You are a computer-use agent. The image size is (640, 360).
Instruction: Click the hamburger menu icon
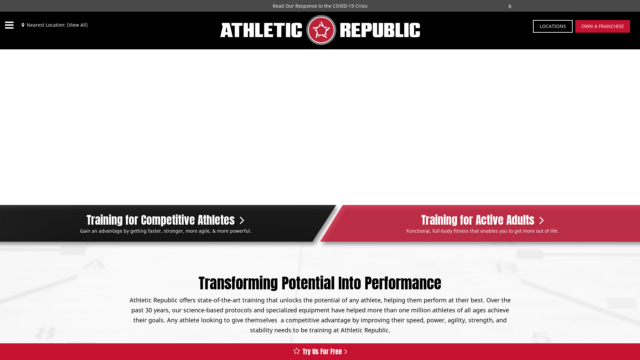click(x=9, y=25)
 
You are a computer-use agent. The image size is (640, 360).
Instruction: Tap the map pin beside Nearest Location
click(x=23, y=25)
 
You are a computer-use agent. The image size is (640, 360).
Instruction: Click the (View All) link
click(x=77, y=25)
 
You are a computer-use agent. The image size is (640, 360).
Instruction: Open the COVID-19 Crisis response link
click(x=320, y=6)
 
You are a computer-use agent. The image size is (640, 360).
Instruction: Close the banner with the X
click(x=510, y=6)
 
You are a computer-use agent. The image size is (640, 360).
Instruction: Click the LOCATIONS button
click(x=553, y=26)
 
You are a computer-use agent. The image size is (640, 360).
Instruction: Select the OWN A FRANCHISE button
click(x=603, y=26)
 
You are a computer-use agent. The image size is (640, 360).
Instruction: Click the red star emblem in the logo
click(x=321, y=30)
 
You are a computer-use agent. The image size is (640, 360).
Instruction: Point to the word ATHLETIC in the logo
click(x=261, y=30)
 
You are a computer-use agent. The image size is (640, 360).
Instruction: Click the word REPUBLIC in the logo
click(x=380, y=30)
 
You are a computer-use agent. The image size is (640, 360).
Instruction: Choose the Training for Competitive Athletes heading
click(x=161, y=220)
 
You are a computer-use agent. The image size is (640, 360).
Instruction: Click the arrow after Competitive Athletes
click(x=242, y=221)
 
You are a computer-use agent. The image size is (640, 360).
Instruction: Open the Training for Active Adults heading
click(x=478, y=220)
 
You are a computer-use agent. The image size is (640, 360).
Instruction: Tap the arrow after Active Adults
click(x=542, y=221)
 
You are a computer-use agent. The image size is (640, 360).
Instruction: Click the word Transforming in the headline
click(x=238, y=283)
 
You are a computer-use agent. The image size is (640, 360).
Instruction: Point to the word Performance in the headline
click(x=403, y=283)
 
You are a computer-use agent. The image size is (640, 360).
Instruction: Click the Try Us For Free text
click(x=322, y=352)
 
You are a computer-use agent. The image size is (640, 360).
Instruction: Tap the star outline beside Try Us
click(x=297, y=351)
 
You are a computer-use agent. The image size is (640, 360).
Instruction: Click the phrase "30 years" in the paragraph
click(x=157, y=310)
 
